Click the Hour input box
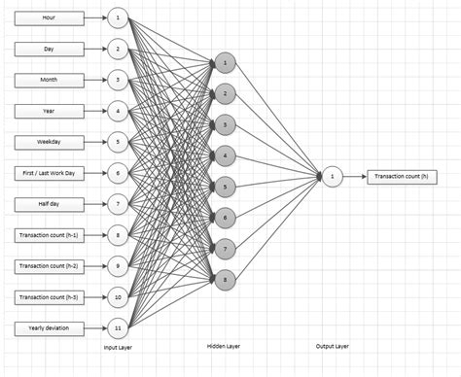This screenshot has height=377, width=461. tap(49, 17)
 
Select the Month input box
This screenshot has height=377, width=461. tap(49, 80)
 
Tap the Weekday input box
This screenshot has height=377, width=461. tap(49, 142)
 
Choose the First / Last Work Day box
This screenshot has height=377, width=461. tap(49, 173)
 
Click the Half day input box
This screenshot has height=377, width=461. tap(49, 204)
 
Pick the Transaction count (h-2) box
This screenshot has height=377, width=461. tap(49, 265)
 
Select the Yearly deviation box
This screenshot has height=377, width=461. tap(49, 327)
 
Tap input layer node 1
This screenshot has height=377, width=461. tap(118, 17)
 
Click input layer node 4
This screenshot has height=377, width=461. tap(118, 111)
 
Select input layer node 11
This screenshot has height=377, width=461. tap(118, 327)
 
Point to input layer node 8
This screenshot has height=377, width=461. tap(118, 234)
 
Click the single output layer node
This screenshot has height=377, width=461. tap(332, 176)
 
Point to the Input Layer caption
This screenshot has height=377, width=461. tap(119, 347)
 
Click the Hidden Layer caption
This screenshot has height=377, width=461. tap(224, 346)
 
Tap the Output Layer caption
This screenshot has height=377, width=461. tap(332, 347)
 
